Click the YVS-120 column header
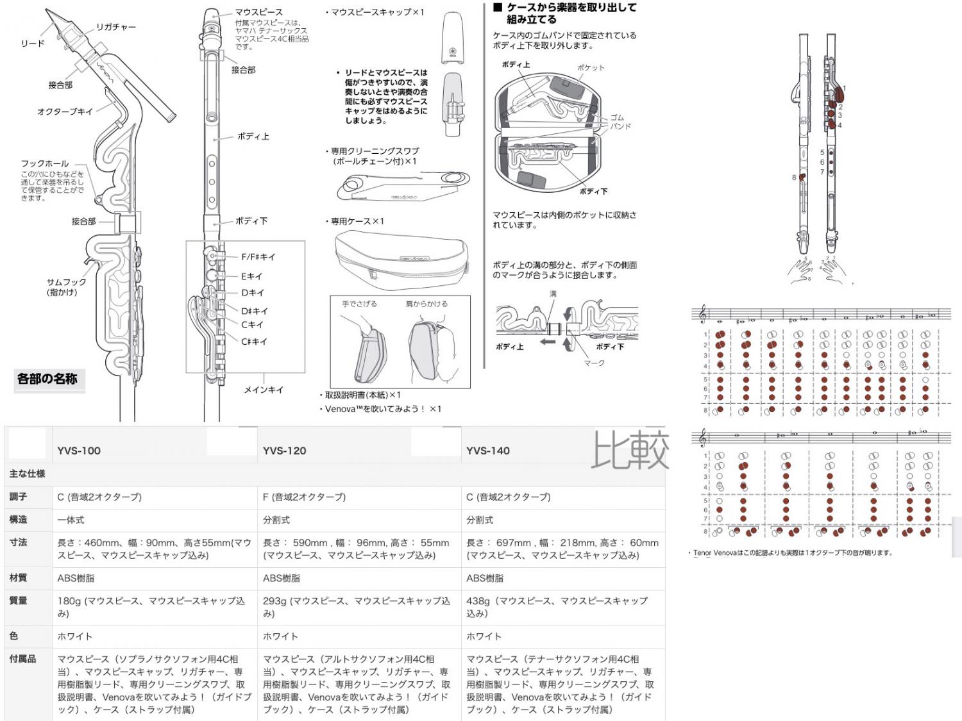click(x=285, y=451)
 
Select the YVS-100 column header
click(x=79, y=451)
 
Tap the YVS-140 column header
click(x=488, y=451)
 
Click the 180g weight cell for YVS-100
click(x=151, y=607)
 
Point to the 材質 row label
click(x=18, y=577)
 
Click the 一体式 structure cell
click(x=71, y=520)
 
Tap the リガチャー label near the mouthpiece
click(x=116, y=27)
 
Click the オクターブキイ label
click(x=65, y=112)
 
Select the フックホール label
click(x=44, y=163)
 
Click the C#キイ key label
click(x=254, y=342)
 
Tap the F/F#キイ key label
click(x=258, y=257)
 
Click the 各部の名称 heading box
click(x=47, y=379)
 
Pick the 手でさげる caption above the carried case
click(x=359, y=304)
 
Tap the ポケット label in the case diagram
click(x=590, y=67)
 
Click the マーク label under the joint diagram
click(x=594, y=363)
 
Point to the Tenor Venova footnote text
click(x=793, y=552)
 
